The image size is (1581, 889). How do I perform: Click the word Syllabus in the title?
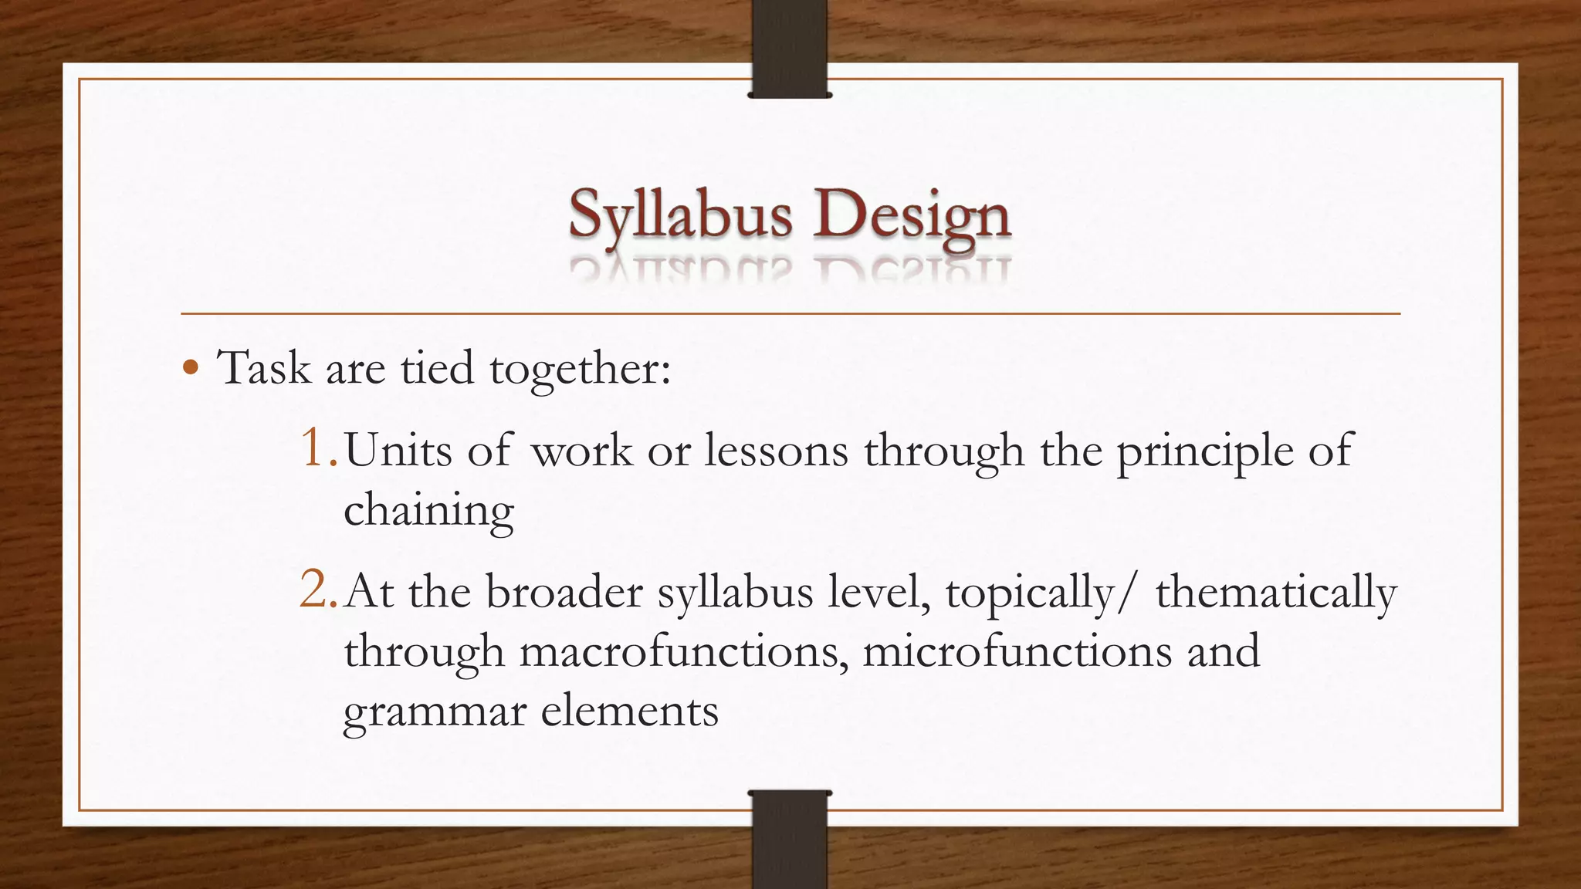680,215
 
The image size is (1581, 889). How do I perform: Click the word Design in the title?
911,215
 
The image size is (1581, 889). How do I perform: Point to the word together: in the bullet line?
581,369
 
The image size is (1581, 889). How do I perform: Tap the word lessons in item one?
776,450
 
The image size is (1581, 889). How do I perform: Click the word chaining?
428,510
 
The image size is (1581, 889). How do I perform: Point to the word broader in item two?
564,593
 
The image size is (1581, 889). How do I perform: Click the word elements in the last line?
629,710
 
